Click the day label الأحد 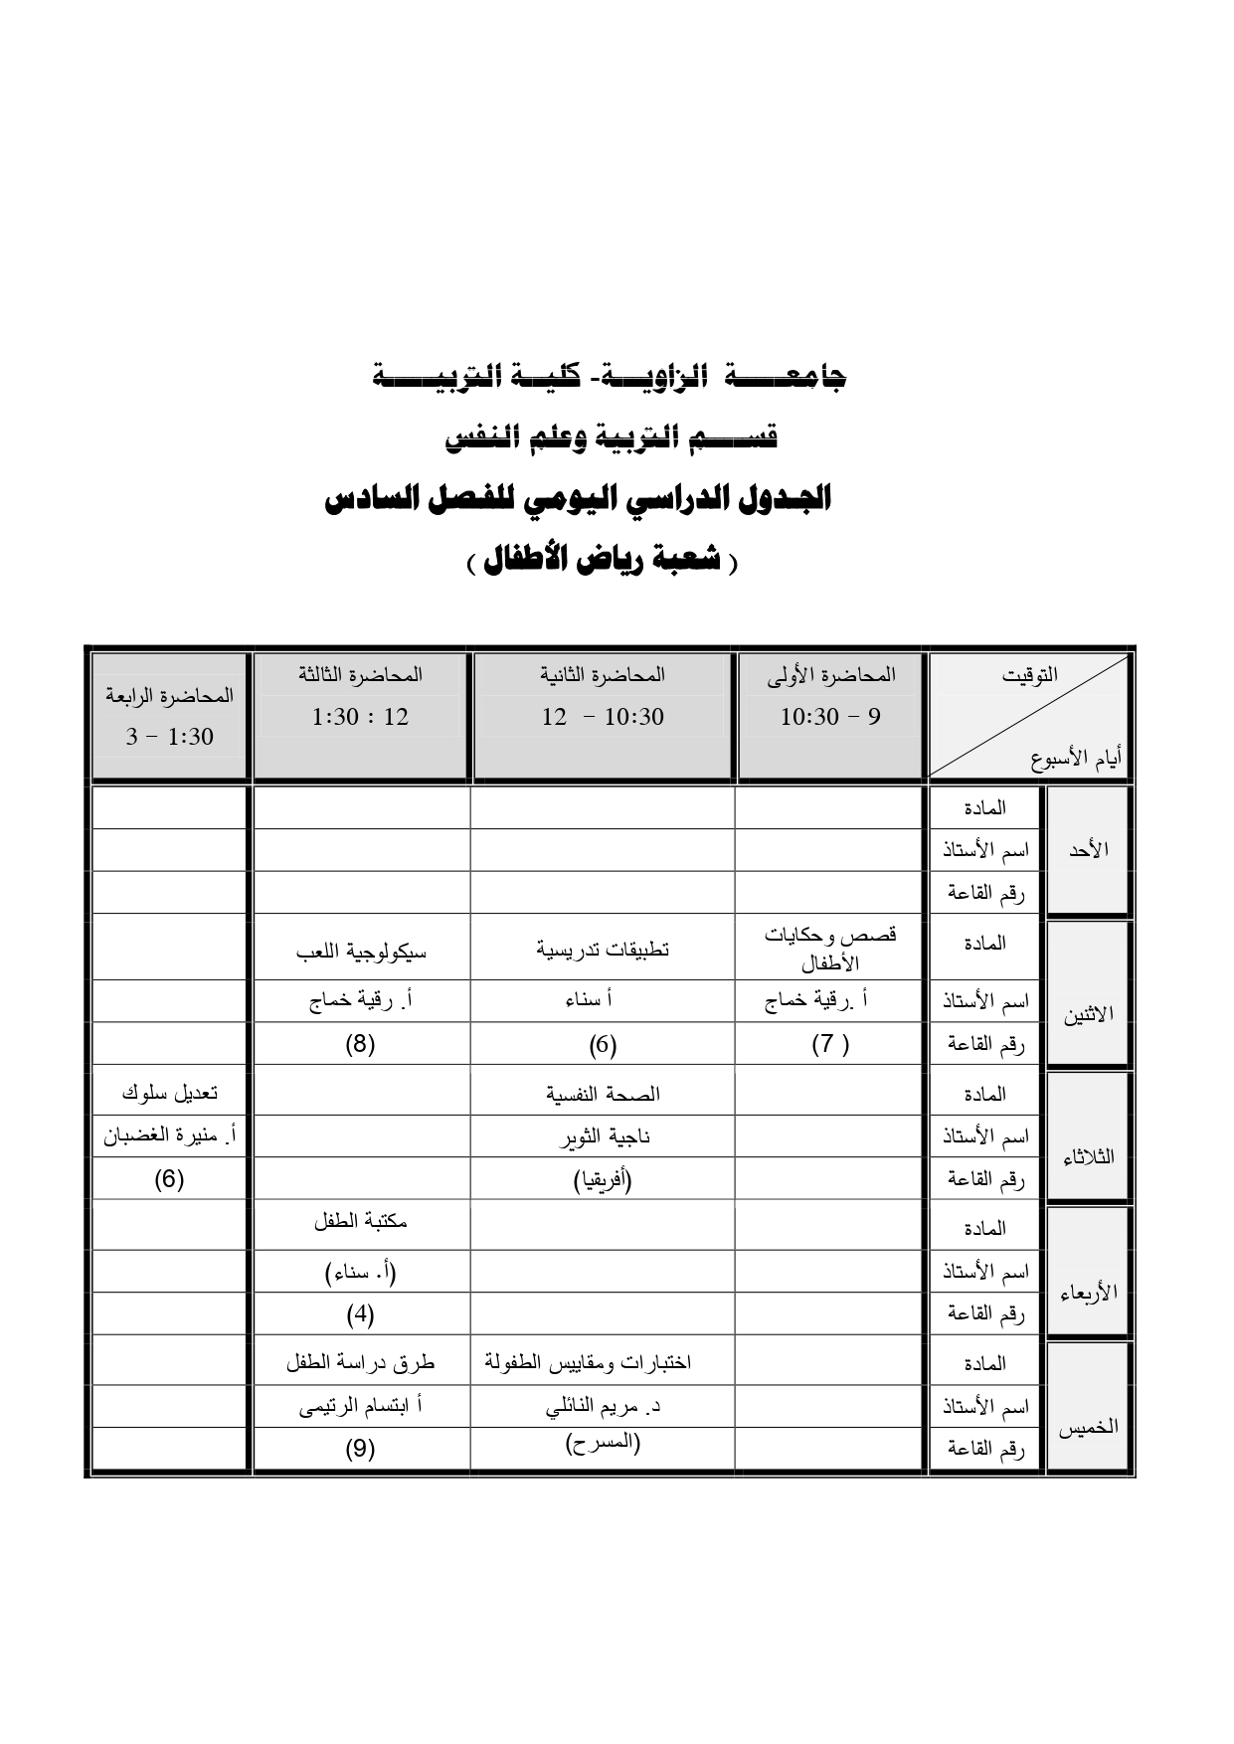coord(1087,850)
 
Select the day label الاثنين coord(1089,1014)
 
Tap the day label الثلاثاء coord(1088,1157)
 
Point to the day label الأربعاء coord(1089,1293)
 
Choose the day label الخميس coord(1088,1428)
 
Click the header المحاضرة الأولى coord(831,675)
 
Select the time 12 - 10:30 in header coord(603,717)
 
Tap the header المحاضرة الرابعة coord(169,695)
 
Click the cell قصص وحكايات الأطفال coord(830,950)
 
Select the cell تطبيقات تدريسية coord(603,950)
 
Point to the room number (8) coord(360,1044)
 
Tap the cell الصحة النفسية coord(603,1094)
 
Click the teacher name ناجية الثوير coord(603,1136)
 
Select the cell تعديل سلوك coord(169,1093)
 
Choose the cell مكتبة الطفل coord(360,1222)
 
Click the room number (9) coord(360,1449)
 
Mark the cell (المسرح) coord(603,1444)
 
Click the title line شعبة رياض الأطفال coord(604,562)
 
